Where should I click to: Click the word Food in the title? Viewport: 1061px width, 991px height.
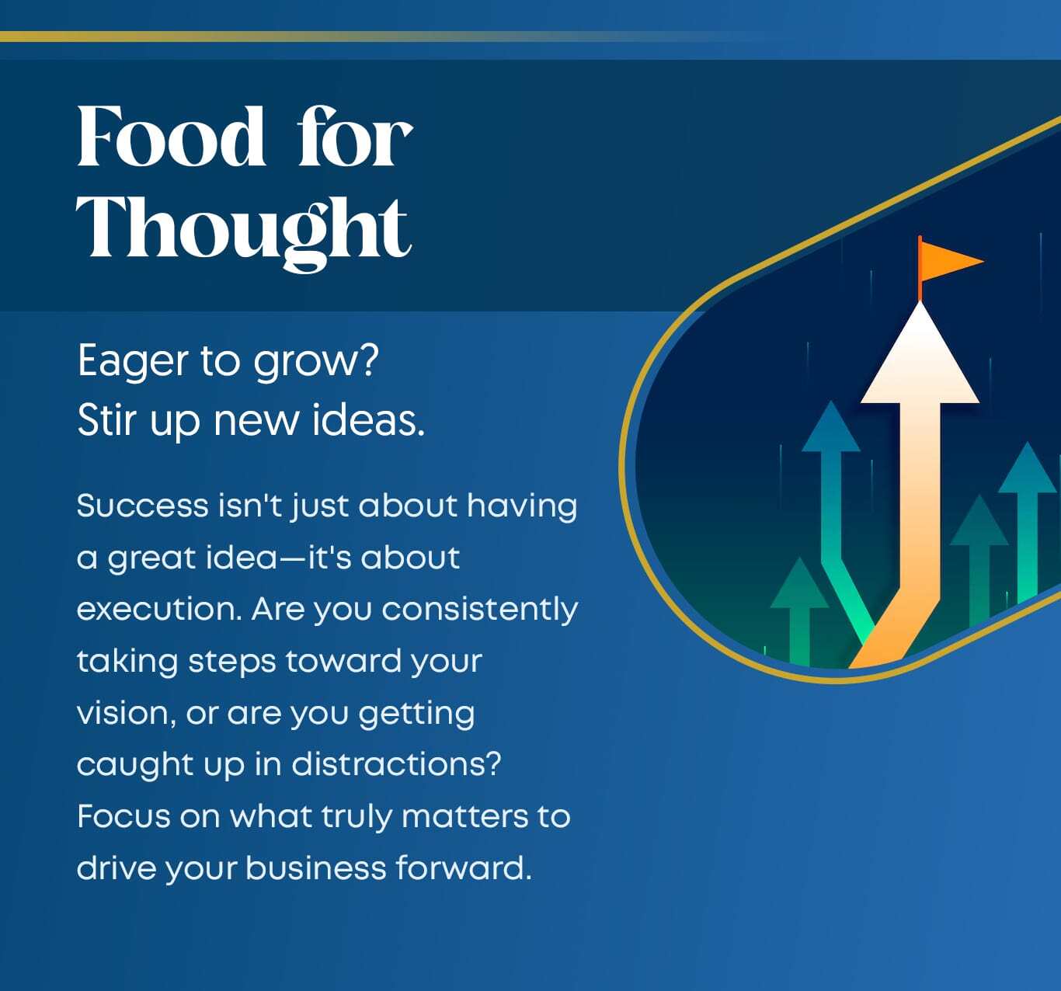171,136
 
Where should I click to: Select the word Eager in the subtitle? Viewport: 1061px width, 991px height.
133,362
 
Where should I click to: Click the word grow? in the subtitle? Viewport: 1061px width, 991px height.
315,362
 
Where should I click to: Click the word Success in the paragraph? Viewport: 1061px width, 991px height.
143,506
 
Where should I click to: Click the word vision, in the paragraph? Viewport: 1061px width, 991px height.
127,714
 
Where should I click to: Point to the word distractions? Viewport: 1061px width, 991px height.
396,764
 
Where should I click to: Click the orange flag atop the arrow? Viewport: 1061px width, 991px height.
951,261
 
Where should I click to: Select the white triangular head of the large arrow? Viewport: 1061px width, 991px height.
920,353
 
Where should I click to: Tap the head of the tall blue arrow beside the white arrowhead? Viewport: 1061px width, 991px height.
831,427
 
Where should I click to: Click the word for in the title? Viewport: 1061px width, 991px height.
355,136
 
